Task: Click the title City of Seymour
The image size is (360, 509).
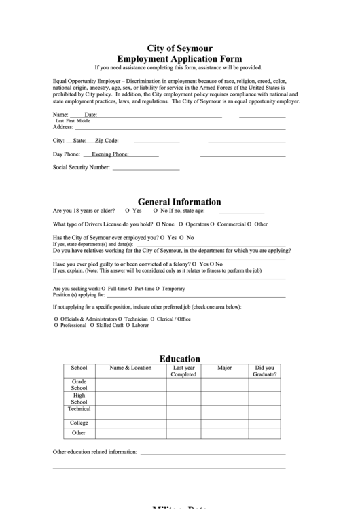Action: [x=180, y=48]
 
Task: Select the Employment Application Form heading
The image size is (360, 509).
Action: [x=180, y=59]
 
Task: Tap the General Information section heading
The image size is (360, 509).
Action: [x=180, y=202]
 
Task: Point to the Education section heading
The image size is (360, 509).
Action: [x=180, y=359]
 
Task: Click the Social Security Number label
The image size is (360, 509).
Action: [x=82, y=167]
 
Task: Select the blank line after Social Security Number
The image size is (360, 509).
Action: [x=146, y=168]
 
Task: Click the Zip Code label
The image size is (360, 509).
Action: [x=107, y=141]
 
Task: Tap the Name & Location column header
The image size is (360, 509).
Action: [x=131, y=368]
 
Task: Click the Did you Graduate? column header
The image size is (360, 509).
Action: [x=264, y=371]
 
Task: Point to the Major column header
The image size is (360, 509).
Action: [x=224, y=368]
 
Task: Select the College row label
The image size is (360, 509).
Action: [x=79, y=423]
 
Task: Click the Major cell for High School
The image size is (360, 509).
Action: [x=224, y=398]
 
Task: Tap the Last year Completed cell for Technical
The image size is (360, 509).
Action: [x=183, y=412]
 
